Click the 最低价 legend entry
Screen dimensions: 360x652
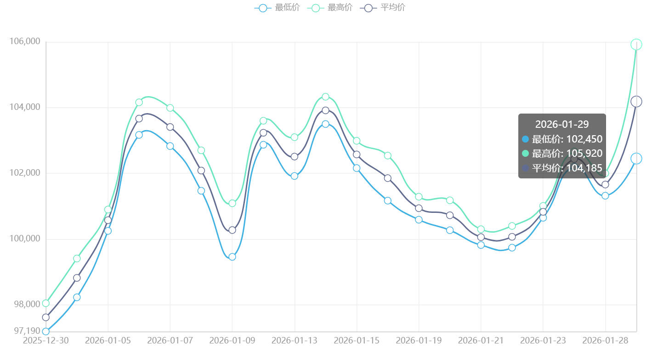[x=277, y=8]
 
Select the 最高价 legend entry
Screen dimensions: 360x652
[x=329, y=8]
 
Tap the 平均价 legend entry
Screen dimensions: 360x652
[x=383, y=8]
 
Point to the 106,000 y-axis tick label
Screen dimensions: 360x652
[x=25, y=42]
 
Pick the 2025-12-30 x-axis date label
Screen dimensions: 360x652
[x=45, y=341]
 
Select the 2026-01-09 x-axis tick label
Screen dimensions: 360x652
[x=232, y=341]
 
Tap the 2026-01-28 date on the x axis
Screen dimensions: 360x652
[x=605, y=341]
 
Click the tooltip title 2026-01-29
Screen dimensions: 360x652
[x=562, y=124]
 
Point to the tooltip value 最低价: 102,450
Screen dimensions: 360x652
[x=562, y=139]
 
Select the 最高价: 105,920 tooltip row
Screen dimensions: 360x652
[x=562, y=154]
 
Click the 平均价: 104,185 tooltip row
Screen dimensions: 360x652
[x=562, y=168]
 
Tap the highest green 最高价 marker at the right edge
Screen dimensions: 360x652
[x=636, y=45]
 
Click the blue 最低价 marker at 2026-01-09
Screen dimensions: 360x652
[x=232, y=257]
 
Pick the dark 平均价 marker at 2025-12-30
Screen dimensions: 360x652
[x=45, y=317]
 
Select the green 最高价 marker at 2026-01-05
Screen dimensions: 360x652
[x=108, y=210]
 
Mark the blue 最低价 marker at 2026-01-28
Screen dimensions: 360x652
[x=605, y=196]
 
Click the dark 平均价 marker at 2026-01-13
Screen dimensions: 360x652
[x=295, y=157]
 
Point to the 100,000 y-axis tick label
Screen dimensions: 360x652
[x=25, y=239]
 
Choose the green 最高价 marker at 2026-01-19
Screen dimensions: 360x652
[x=419, y=197]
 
